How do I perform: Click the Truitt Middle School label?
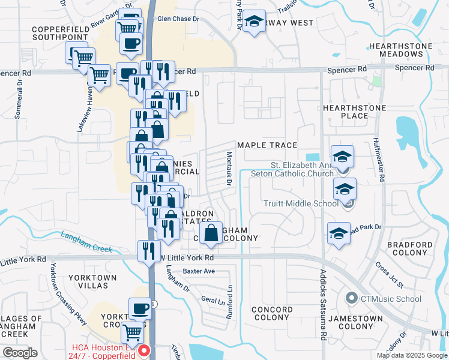[x=301, y=203]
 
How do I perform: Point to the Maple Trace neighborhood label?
[x=267, y=145]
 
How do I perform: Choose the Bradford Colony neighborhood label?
[x=410, y=249]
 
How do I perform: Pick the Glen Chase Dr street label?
[x=178, y=19]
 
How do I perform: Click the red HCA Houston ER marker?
[x=143, y=350]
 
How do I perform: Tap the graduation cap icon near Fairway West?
[x=255, y=22]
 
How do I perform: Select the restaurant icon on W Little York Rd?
[x=149, y=251]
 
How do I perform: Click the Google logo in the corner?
[x=20, y=353]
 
